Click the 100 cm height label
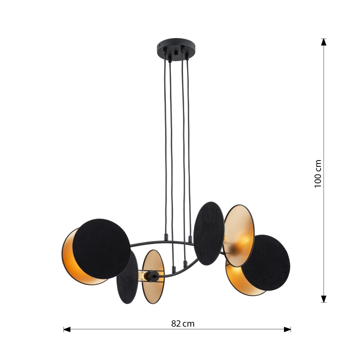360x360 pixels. point(318,173)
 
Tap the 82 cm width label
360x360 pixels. point(182,324)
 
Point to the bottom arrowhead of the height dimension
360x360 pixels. point(324,299)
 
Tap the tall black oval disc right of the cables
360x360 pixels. point(209,233)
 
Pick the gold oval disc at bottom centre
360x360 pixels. point(153,277)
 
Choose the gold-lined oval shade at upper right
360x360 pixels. point(239,235)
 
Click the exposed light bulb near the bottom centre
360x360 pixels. point(144,275)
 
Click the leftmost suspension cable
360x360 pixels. point(165,145)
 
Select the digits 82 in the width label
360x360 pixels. point(175,324)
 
